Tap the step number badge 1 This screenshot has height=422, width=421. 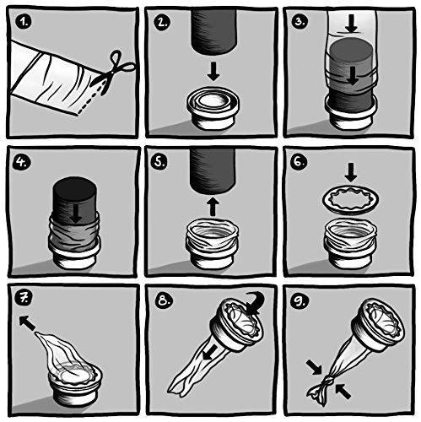click(x=24, y=22)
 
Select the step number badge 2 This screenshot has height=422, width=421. click(x=162, y=22)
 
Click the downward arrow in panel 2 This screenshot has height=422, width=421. click(x=213, y=72)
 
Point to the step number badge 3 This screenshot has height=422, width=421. click(x=300, y=22)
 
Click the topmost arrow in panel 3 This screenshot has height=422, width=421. click(x=351, y=24)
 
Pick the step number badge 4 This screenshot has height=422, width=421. click(x=22, y=162)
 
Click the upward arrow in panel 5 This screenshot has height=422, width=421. click(x=213, y=207)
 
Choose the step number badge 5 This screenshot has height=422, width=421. click(x=159, y=162)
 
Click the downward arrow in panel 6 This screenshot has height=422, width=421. click(x=350, y=172)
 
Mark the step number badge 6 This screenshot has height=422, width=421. click(x=299, y=162)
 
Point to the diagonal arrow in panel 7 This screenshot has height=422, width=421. click(x=28, y=323)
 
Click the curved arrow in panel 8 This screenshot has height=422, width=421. click(x=256, y=303)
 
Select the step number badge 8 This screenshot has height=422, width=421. click(x=163, y=300)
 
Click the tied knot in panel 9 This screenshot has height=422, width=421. click(x=327, y=382)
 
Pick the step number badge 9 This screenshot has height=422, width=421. click(x=300, y=300)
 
